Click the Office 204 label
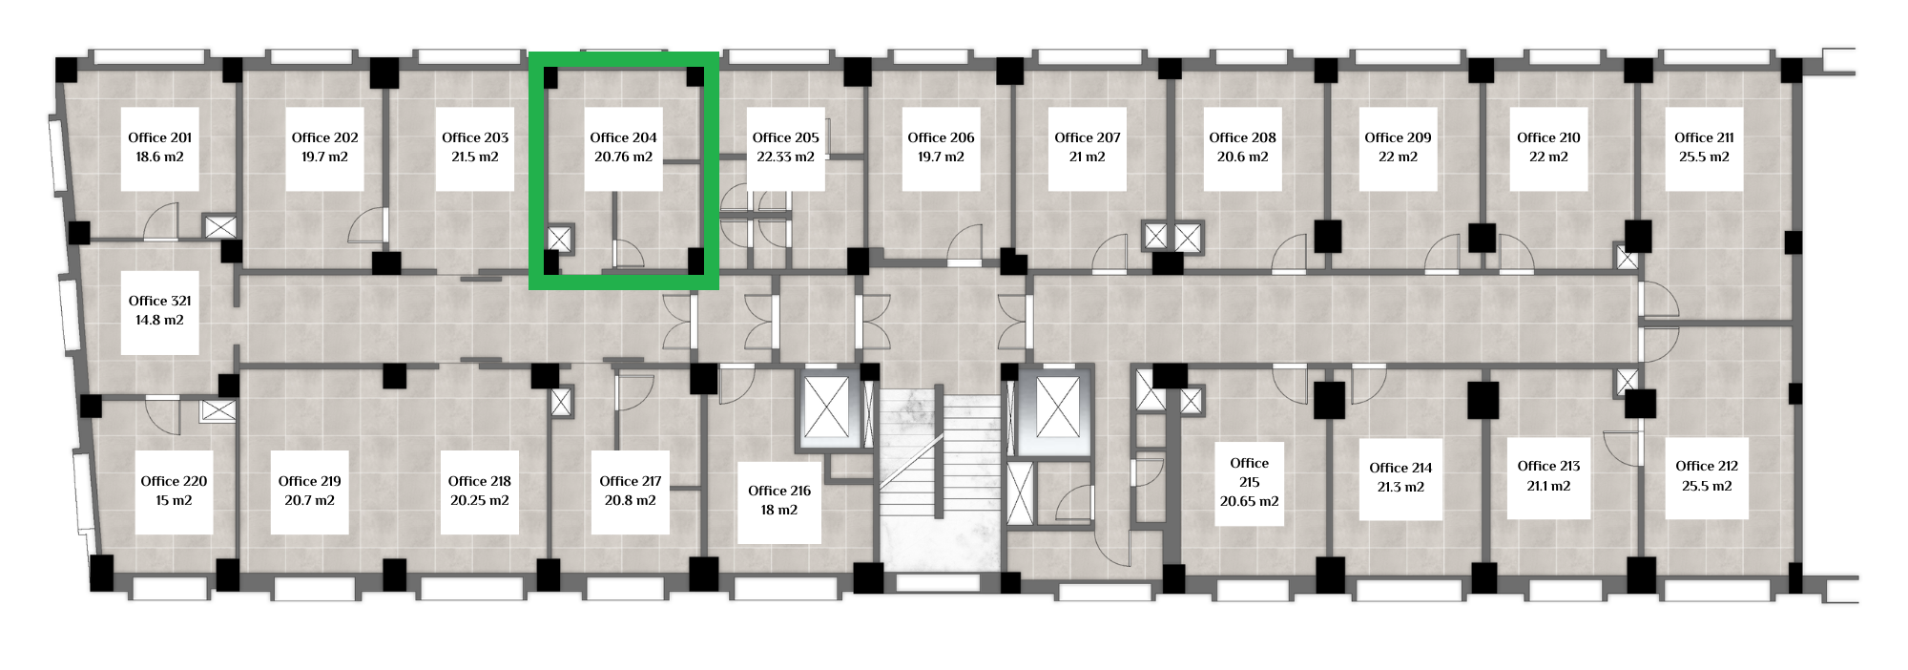click(x=624, y=137)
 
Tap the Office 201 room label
click(x=160, y=137)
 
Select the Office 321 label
click(x=160, y=301)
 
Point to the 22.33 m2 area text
click(x=785, y=157)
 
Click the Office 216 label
click(x=779, y=491)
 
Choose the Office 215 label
click(x=1249, y=472)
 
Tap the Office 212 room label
click(x=1707, y=466)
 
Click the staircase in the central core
click(x=939, y=477)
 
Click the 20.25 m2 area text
click(x=479, y=500)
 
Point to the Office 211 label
click(x=1704, y=137)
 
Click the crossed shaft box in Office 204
click(x=559, y=240)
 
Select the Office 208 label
click(x=1242, y=137)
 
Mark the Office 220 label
click(x=174, y=481)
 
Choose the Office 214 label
click(x=1400, y=468)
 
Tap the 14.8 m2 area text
click(x=159, y=320)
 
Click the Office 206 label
click(x=941, y=137)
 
